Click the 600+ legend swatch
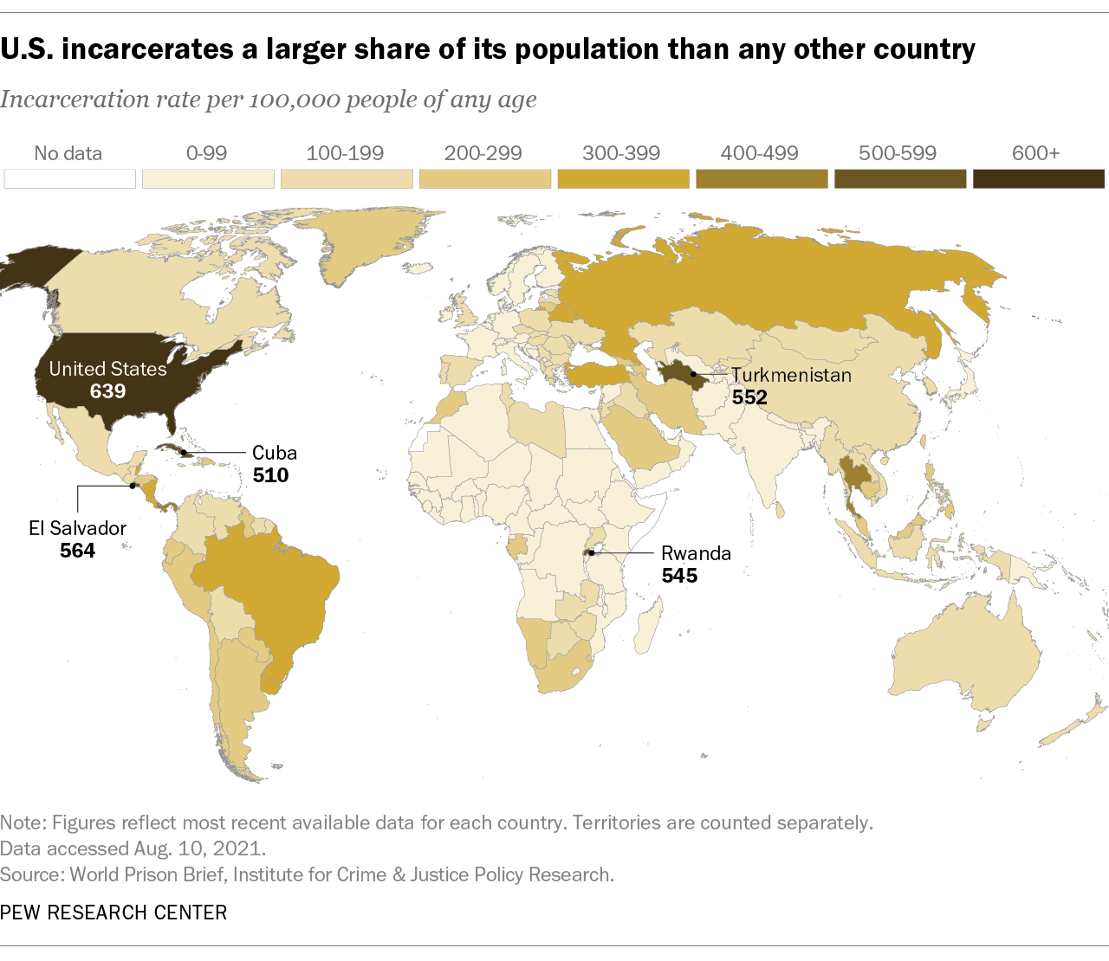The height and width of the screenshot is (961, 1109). click(x=1038, y=179)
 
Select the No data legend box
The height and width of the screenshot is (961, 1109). click(x=69, y=179)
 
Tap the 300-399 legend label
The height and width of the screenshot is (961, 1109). click(x=621, y=154)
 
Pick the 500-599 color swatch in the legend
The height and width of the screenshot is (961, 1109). click(x=899, y=179)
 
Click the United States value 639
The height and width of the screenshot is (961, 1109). click(x=107, y=391)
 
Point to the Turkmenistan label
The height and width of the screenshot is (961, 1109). click(x=791, y=376)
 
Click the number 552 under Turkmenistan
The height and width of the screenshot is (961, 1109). click(x=749, y=398)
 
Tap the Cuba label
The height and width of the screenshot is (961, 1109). click(x=275, y=453)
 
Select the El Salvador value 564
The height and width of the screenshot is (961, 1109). click(x=77, y=551)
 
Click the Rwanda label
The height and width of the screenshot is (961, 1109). click(x=696, y=553)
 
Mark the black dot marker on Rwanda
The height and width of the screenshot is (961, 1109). click(x=591, y=552)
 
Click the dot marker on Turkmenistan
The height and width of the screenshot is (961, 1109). click(x=692, y=374)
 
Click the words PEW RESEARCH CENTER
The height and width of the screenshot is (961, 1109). click(x=113, y=913)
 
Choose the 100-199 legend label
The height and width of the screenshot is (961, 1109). click(x=345, y=154)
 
